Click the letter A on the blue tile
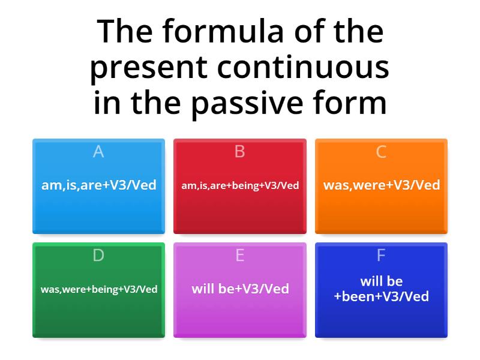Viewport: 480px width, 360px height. click(98, 152)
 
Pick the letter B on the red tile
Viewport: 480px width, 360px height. click(240, 152)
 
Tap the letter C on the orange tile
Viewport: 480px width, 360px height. click(381, 152)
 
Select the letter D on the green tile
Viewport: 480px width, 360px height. click(98, 256)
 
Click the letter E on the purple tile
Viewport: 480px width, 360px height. click(240, 256)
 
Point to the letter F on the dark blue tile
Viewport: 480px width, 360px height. click(381, 256)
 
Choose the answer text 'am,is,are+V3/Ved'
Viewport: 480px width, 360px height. click(98, 185)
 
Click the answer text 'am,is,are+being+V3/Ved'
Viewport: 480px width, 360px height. click(240, 185)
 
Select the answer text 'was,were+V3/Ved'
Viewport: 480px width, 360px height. click(382, 185)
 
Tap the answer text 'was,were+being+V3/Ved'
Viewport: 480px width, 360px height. click(99, 289)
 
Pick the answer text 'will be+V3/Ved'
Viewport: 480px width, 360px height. click(240, 289)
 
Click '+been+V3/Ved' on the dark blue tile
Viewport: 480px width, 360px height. click(382, 296)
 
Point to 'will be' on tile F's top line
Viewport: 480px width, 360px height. click(382, 281)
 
